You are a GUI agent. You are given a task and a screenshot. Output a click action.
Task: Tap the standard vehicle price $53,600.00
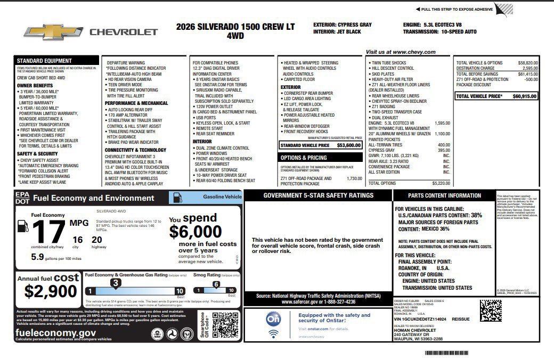pos(349,145)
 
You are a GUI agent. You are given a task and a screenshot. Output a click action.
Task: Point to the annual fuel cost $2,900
pos(51,291)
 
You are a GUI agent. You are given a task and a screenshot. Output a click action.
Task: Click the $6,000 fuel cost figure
pos(195,232)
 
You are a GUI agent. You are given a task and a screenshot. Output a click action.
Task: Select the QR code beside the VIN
pos(490,310)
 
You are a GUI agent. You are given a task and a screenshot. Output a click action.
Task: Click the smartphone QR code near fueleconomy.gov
pos(225,325)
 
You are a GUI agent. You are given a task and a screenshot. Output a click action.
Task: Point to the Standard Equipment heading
pos(44,61)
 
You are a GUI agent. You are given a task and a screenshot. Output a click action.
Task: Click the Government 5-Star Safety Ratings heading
pos(319,195)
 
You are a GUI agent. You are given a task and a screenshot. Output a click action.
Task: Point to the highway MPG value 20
pos(96,240)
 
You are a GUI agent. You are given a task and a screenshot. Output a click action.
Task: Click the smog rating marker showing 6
pos(216,284)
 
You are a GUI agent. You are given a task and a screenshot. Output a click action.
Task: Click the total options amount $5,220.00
pos(441,183)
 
